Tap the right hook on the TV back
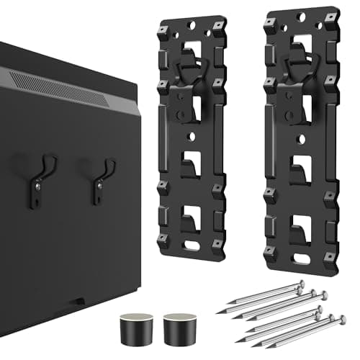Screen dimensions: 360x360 pyautogui.click(x=102, y=180)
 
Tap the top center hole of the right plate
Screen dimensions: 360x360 pyautogui.click(x=297, y=19)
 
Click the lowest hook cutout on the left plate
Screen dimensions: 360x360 pyautogui.click(x=192, y=215)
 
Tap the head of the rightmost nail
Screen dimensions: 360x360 pyautogui.click(x=343, y=318)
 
